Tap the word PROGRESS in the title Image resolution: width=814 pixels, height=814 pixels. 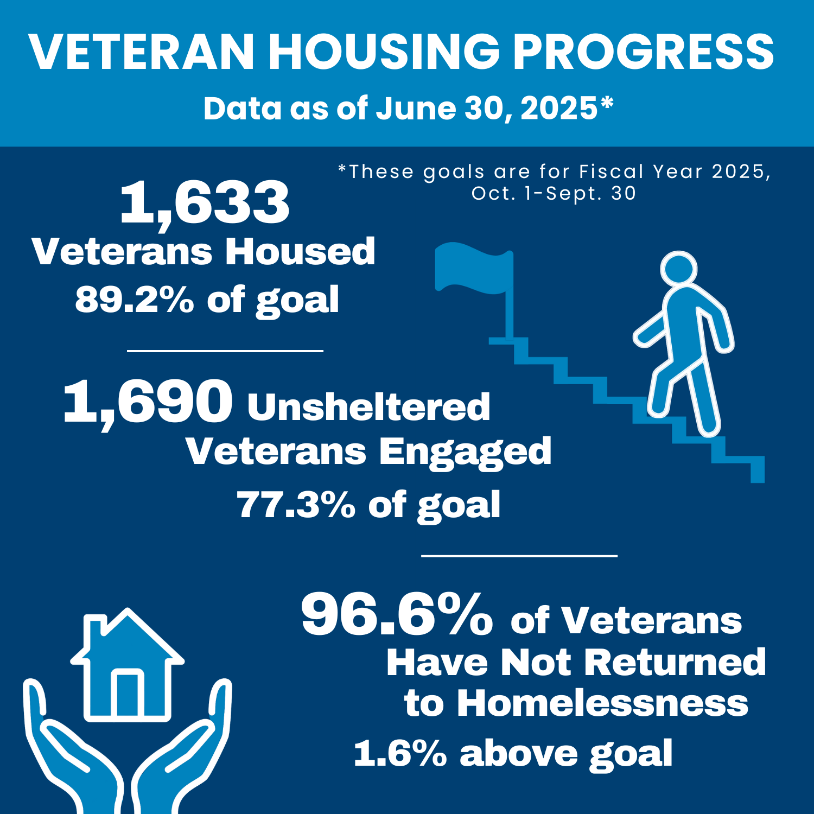click(644, 52)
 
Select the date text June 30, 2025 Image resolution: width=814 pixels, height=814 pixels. click(486, 108)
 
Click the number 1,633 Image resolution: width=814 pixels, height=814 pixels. click(205, 203)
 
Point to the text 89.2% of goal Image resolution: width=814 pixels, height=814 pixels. click(207, 300)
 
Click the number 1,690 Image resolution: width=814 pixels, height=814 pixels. click(148, 402)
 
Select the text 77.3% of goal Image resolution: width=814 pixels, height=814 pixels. click(368, 505)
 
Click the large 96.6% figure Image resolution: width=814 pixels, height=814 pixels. click(397, 615)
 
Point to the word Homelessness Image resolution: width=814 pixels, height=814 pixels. click(602, 703)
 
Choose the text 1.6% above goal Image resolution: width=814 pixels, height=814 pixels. click(513, 753)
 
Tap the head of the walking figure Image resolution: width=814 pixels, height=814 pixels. click(678, 269)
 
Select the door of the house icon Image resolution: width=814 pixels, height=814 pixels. click(128, 695)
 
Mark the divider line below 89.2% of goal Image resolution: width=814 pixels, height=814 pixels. click(225, 351)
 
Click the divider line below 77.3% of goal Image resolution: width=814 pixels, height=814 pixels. click(519, 556)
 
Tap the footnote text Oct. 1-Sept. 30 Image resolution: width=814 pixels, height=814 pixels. click(554, 194)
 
